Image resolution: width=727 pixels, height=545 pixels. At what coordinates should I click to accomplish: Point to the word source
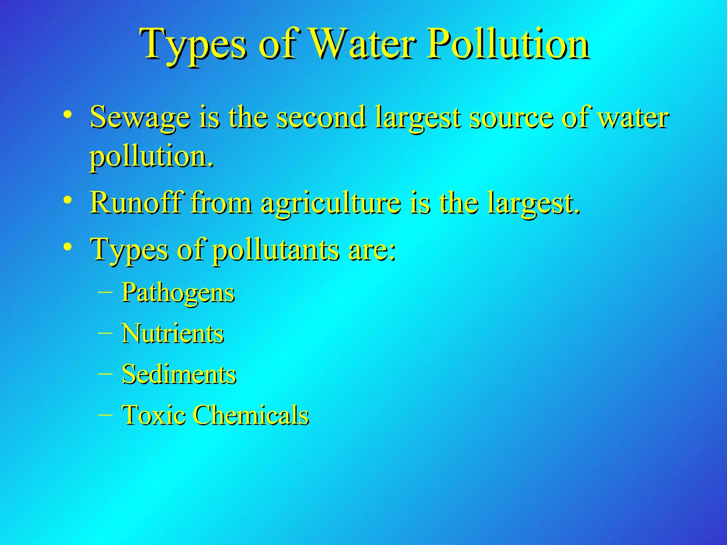click(x=511, y=118)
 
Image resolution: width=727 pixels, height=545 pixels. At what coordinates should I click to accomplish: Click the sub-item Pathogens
click(x=178, y=293)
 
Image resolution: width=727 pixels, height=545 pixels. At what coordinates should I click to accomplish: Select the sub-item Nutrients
click(x=173, y=334)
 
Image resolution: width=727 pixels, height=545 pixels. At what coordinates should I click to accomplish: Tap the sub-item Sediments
click(x=179, y=374)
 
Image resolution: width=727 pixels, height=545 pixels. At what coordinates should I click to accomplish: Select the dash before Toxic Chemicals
click(x=105, y=414)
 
